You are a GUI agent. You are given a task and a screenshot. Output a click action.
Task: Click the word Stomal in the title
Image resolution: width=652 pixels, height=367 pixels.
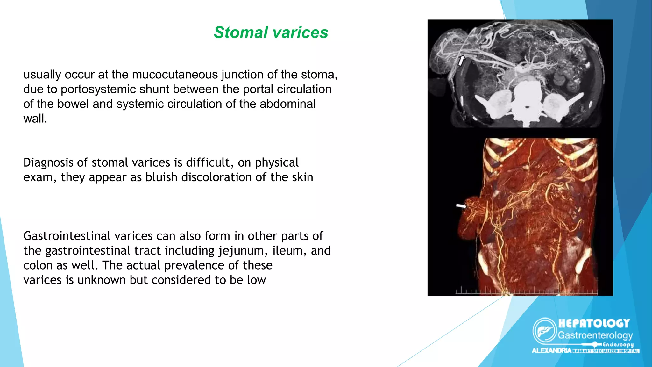(241, 32)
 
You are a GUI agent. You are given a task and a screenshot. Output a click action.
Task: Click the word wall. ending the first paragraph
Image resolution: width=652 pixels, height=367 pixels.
(35, 119)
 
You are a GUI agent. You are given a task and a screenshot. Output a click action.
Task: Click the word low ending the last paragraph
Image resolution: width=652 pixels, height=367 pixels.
(256, 280)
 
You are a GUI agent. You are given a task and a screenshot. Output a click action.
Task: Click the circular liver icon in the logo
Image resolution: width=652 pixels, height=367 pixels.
(544, 331)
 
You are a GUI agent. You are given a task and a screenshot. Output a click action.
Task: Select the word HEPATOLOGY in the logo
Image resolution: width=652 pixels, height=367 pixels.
(594, 323)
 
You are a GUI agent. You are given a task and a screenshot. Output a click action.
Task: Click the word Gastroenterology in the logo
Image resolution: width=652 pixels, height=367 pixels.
(595, 335)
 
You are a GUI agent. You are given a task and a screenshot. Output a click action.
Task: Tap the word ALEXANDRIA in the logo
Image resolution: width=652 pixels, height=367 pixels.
(551, 350)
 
